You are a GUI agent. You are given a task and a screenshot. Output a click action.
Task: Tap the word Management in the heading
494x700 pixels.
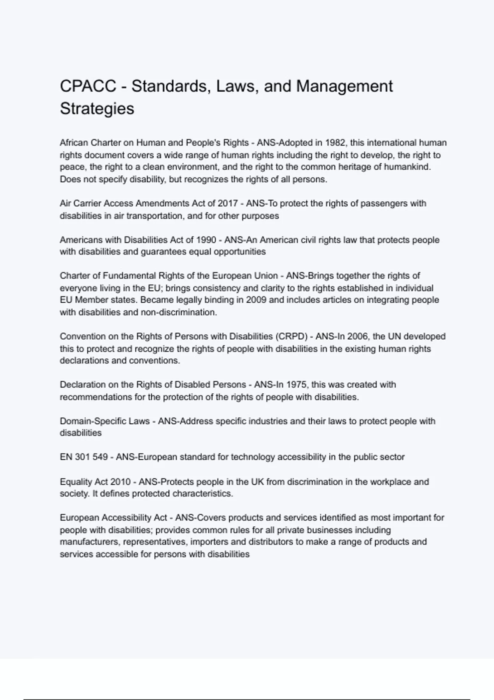(345, 86)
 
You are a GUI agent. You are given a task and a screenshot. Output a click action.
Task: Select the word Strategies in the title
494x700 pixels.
(97, 109)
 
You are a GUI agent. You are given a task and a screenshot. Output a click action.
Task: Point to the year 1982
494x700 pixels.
(335, 143)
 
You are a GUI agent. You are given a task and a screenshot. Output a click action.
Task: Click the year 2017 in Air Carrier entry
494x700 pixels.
(228, 203)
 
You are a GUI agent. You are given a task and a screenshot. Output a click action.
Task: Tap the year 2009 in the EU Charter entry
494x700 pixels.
(256, 300)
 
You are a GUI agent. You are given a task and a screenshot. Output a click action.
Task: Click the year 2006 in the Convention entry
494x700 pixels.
(357, 336)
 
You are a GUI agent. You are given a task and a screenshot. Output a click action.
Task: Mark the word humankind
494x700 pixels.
(407, 167)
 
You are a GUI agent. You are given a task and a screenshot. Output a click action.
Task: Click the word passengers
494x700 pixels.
(380, 203)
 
